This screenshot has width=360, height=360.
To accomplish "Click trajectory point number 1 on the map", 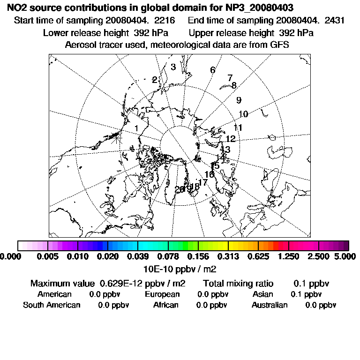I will pyautogui.click(x=136, y=128).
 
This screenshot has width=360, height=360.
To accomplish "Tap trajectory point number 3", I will pyautogui.click(x=173, y=67).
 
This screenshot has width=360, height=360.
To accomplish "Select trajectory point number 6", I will pyautogui.click(x=212, y=70).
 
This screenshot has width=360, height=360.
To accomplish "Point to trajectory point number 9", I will pyautogui.click(x=239, y=100).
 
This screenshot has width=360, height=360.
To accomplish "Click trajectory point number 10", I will pyautogui.click(x=243, y=114).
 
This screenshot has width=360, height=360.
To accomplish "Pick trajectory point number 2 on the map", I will pyautogui.click(x=154, y=80).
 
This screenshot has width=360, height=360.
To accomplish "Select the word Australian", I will pyautogui.click(x=270, y=305).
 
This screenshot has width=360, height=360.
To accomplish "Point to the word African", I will pyautogui.click(x=166, y=305).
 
